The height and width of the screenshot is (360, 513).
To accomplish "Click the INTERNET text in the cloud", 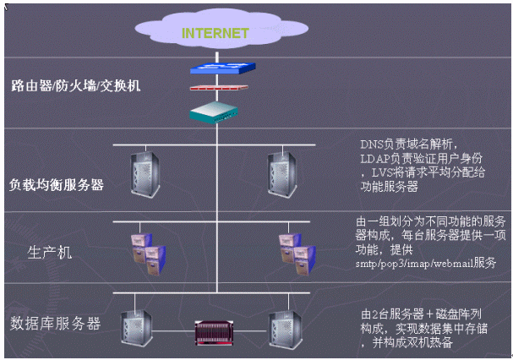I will (215, 34).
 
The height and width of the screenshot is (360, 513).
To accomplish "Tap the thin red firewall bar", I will (216, 87).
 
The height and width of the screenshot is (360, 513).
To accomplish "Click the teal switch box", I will (215, 110).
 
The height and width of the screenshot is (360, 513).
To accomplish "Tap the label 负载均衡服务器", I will (57, 184).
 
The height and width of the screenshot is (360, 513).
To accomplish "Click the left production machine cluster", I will (145, 250).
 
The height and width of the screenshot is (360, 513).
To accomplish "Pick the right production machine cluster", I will (295, 250).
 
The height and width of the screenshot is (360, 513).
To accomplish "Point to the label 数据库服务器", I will (56, 323).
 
